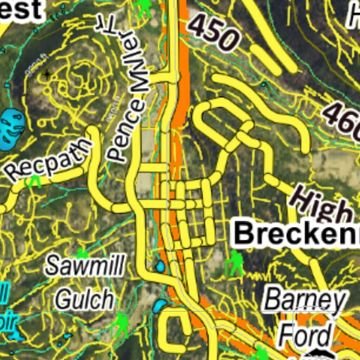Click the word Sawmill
click(85, 265)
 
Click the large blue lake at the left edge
click(12, 129)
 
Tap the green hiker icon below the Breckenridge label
click(235, 263)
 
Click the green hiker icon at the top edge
click(144, 8)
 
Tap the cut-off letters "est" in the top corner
click(21, 10)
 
